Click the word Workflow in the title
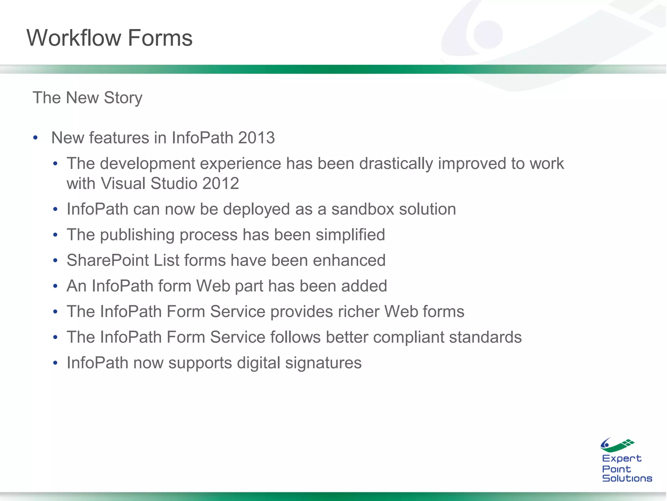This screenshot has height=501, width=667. [x=74, y=38]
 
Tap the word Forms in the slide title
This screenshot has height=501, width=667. [x=160, y=38]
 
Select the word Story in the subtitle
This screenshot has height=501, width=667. [x=123, y=98]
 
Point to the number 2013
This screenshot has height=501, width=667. [x=256, y=138]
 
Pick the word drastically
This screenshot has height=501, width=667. [x=396, y=164]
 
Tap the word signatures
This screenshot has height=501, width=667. [x=323, y=363]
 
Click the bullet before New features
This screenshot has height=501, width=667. [x=35, y=138]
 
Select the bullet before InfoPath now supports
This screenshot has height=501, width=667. [x=55, y=363]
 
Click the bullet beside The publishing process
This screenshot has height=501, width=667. [x=55, y=235]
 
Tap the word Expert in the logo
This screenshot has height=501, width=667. [x=621, y=459]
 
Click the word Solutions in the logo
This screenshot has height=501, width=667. [x=627, y=478]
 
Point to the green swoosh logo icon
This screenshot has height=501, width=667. [x=617, y=445]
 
